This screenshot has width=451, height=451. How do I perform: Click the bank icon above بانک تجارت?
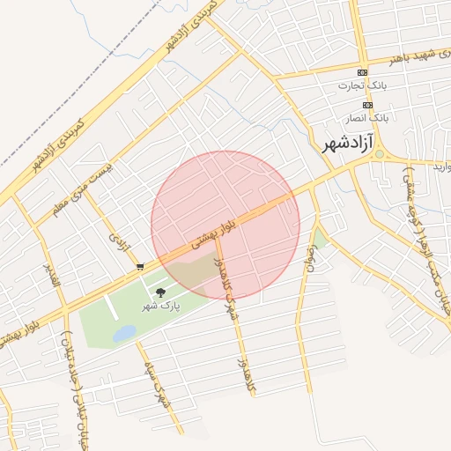coord(362,72)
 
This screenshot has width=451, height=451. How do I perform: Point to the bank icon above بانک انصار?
coord(367,104)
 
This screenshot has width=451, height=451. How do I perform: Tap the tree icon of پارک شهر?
coord(159,292)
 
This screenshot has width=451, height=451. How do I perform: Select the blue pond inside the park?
coord(125,333)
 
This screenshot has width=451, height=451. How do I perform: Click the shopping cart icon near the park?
coord(140,266)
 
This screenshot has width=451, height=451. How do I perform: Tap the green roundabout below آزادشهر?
coord(379,155)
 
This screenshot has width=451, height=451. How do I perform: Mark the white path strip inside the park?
coord(111,307)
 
